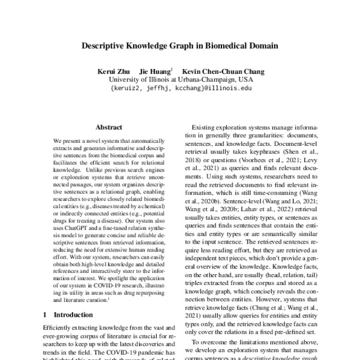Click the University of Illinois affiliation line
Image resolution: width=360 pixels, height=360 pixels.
click(x=181, y=79)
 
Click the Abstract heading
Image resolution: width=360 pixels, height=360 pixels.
click(x=109, y=127)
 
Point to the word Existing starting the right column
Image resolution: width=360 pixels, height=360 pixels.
click(x=204, y=128)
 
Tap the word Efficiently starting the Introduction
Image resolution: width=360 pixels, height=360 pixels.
click(x=61, y=328)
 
